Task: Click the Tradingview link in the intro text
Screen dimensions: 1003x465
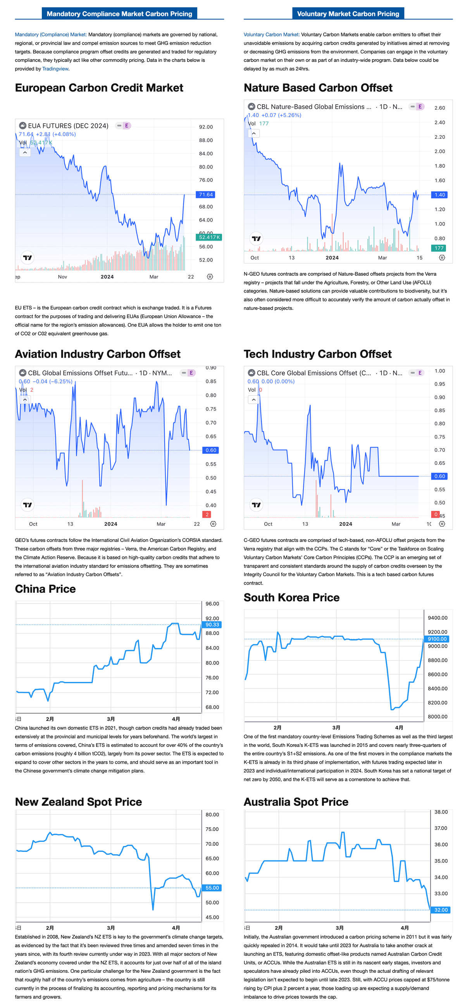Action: tap(55, 69)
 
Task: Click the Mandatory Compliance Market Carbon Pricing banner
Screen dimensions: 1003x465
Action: tap(119, 14)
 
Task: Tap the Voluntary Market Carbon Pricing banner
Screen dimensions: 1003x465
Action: tap(348, 14)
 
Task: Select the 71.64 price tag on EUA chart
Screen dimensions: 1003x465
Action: tap(205, 195)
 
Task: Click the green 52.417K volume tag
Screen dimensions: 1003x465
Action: tap(209, 237)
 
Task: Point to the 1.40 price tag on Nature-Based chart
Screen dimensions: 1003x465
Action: tap(439, 195)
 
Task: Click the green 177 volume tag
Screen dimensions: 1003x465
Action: tap(439, 248)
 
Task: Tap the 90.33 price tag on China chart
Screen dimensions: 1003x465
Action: tap(212, 625)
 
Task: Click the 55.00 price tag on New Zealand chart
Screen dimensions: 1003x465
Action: tap(212, 888)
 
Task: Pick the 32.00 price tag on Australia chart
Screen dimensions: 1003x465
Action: tap(441, 910)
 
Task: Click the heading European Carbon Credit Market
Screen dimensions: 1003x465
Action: tap(99, 88)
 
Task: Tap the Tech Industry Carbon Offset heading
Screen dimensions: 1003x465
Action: tap(317, 354)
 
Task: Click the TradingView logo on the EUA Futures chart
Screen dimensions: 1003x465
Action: tap(27, 257)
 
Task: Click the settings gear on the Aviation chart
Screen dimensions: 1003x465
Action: tap(213, 524)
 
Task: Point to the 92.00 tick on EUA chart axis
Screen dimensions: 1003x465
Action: tap(206, 127)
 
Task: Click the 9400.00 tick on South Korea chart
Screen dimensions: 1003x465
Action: tap(437, 618)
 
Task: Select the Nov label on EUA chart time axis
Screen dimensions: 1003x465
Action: tap(62, 277)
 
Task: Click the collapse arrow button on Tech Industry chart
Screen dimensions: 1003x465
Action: tap(253, 399)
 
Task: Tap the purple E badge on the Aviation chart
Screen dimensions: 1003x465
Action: tap(191, 373)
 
